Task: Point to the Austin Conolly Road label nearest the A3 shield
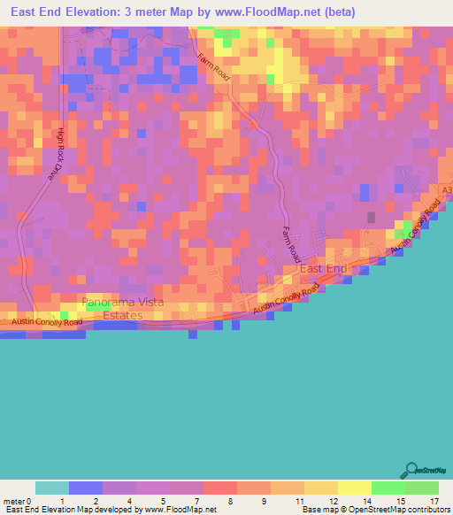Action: pos(417,224)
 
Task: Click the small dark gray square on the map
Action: pos(372,217)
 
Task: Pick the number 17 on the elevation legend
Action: pos(434,501)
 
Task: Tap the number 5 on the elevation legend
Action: pos(164,501)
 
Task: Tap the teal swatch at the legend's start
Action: pos(52,488)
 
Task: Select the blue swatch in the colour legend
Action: pos(86,488)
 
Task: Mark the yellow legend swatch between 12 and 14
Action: pos(354,488)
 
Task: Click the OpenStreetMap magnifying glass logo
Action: pos(412,470)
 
